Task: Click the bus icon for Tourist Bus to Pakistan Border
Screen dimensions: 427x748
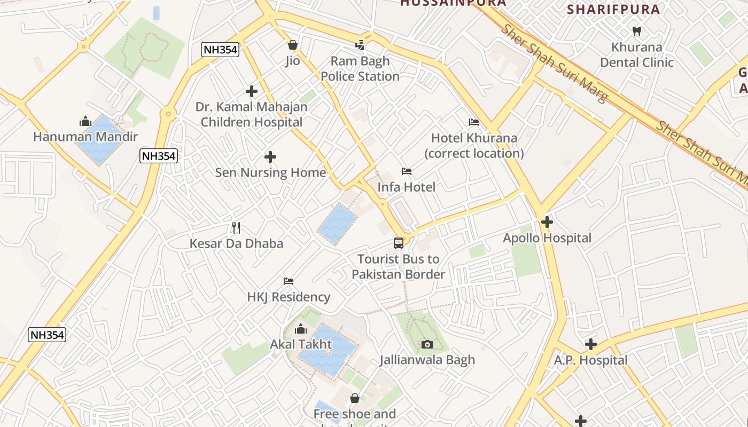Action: pos(399,243)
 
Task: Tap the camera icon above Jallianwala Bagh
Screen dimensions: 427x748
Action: pos(427,344)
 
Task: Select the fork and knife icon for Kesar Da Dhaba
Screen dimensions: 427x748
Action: pos(236,228)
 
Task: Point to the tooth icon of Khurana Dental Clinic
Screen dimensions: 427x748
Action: pos(636,31)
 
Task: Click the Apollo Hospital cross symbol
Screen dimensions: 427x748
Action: pos(547,222)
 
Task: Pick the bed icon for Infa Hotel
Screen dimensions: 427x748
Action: pos(407,171)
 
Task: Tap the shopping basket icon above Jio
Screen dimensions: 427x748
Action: pos(292,45)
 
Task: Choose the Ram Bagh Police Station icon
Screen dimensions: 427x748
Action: pos(361,45)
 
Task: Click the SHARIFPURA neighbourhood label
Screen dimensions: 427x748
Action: pos(613,9)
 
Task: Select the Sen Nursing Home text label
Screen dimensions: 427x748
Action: pos(270,172)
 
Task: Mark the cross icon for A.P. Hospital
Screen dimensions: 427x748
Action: pos(590,344)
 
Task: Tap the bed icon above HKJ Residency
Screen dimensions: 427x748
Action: pos(289,281)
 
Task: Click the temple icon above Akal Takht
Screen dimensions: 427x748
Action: pos(301,329)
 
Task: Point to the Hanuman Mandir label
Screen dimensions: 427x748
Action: pos(85,137)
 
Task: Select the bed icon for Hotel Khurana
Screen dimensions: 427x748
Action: pos(474,122)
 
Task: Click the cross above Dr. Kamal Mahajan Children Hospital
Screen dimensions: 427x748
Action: pos(252,91)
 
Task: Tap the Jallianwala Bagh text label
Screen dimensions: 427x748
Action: pos(427,360)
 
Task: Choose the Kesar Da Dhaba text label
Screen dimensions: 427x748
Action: pos(236,243)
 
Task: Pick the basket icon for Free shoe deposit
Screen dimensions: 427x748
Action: pos(355,398)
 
